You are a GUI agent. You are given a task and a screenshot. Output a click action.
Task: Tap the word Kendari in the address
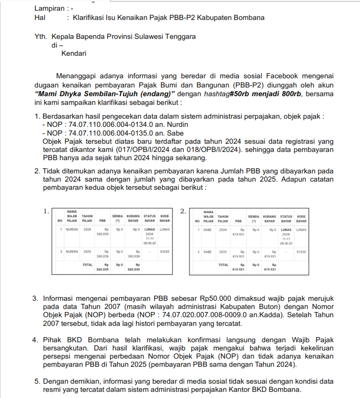[74, 53]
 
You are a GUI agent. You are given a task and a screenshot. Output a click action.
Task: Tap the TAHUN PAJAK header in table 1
[88, 218]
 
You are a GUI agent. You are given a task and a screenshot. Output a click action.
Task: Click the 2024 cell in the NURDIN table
[88, 230]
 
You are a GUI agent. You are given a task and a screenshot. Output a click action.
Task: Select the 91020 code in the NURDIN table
[165, 252]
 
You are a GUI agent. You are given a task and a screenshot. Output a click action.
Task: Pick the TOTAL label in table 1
[88, 265]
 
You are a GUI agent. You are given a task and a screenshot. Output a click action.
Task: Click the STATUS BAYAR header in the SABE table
[286, 218]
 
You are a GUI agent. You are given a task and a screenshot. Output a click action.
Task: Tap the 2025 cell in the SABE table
[223, 252]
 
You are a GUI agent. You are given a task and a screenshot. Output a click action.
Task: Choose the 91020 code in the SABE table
[301, 252]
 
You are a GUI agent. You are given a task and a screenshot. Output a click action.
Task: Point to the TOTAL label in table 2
[223, 265]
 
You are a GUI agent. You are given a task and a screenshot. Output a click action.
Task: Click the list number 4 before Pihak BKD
[35, 340]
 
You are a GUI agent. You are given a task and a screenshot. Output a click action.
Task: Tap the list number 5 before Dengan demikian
[35, 381]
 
